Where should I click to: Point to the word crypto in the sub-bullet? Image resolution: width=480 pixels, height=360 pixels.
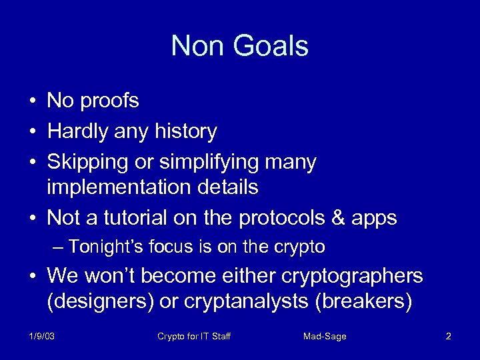click(x=299, y=247)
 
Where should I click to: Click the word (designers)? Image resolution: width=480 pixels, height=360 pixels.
click(x=99, y=302)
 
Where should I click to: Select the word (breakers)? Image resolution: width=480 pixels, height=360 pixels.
click(x=363, y=302)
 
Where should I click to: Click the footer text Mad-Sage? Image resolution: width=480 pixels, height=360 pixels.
click(x=325, y=337)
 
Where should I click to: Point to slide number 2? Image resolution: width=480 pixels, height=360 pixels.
click(x=448, y=337)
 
